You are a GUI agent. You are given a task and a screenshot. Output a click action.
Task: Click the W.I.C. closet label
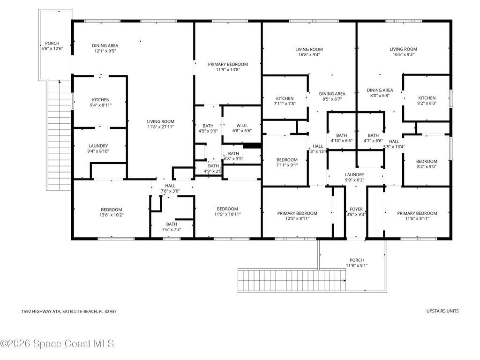click(242, 125)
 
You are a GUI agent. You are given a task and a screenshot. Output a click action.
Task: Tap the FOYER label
click(356, 209)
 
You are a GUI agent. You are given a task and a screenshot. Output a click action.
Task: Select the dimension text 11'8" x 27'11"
click(161, 127)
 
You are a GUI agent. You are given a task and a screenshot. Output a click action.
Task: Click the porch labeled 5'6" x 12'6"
click(52, 46)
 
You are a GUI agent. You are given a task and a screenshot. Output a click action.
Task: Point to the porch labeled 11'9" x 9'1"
click(356, 262)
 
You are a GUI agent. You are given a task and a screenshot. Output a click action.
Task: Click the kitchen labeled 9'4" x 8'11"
click(100, 102)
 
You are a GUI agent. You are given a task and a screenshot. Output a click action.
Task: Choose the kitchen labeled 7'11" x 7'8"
click(285, 101)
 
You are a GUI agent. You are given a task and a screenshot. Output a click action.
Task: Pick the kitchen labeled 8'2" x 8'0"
click(427, 101)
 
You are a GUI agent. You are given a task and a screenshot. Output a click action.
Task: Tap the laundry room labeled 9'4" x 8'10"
click(98, 148)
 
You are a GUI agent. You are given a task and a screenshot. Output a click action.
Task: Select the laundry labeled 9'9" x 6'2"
click(354, 177)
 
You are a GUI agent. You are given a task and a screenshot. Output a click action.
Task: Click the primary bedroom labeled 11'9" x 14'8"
click(228, 67)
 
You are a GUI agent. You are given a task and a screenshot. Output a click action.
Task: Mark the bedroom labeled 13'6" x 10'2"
click(112, 212)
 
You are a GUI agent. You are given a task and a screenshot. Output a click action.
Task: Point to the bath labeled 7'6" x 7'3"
click(171, 226)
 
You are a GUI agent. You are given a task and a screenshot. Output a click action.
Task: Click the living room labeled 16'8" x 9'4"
click(309, 52)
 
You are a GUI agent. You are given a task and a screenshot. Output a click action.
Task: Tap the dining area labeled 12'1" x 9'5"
click(105, 48)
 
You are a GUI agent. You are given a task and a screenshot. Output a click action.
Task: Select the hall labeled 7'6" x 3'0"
click(170, 188)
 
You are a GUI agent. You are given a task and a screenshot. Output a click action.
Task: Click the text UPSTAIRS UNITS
click(442, 311)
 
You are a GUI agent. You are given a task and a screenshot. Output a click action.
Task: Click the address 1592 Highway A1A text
click(69, 311)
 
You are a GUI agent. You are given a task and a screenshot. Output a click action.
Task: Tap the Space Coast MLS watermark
click(57, 344)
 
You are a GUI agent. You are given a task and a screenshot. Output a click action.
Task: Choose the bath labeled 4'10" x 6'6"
click(341, 138)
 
